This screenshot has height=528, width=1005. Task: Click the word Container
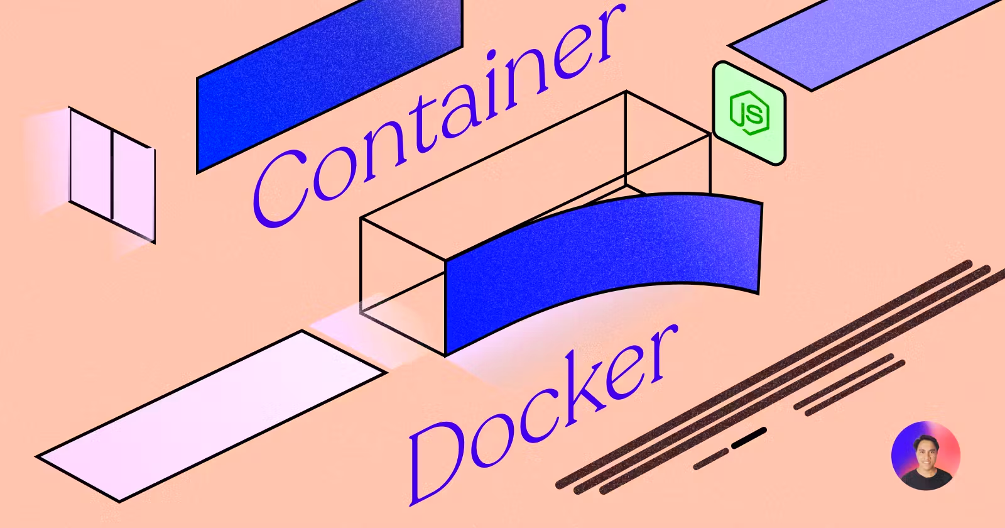[440, 119]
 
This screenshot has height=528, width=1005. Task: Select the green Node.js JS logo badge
[749, 114]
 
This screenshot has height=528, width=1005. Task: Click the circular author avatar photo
[926, 456]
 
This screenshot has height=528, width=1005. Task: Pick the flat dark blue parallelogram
[330, 85]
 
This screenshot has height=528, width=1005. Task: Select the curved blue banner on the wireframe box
[603, 264]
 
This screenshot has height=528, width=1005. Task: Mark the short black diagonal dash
[749, 438]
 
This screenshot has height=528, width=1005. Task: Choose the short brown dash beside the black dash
[710, 459]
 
